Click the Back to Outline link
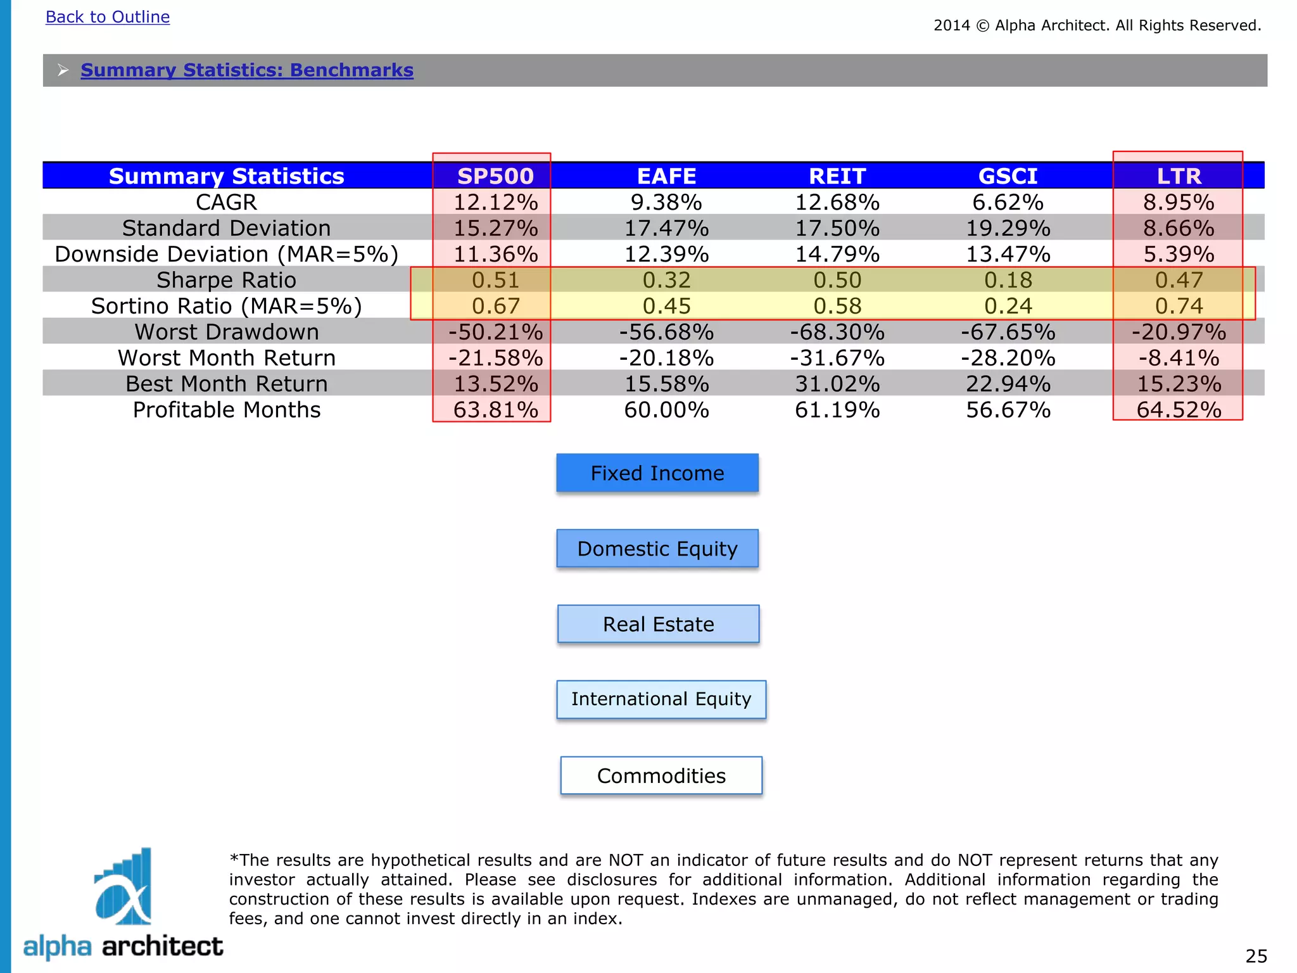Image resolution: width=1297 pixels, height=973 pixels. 108,17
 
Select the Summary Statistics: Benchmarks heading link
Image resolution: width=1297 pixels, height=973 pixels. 247,70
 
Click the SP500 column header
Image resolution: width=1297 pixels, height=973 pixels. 495,176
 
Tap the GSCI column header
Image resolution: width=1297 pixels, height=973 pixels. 1008,176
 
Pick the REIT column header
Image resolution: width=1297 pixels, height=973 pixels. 837,176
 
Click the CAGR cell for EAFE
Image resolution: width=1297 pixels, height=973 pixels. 666,203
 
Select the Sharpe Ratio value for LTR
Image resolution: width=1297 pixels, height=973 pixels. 1179,280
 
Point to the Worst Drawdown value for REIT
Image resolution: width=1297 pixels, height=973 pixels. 837,332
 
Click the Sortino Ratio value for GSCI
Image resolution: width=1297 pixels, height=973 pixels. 1008,306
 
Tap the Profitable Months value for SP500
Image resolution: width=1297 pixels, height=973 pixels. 495,410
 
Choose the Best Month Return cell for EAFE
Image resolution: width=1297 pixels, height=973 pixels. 666,384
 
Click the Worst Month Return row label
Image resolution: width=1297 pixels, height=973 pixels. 227,358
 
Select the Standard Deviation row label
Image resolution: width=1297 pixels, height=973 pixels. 227,228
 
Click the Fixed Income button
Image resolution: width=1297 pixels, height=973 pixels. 657,473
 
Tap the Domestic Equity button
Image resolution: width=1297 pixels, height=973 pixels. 657,549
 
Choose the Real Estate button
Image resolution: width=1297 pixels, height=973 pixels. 658,624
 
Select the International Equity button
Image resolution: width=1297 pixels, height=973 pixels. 661,699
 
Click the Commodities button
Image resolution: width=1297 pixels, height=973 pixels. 661,775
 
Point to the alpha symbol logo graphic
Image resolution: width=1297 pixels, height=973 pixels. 123,887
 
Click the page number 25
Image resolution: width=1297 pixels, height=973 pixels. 1256,956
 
